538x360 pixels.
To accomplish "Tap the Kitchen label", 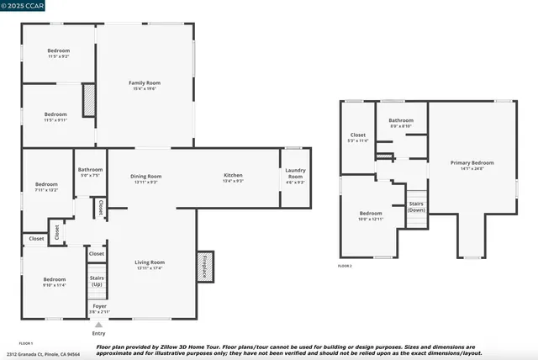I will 233,177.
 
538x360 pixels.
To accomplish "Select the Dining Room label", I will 146,177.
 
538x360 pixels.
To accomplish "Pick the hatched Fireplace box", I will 204,266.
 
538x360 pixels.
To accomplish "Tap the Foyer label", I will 99,307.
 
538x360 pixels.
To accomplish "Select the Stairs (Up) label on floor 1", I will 98,280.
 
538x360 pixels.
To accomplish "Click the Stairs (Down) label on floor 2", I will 416,207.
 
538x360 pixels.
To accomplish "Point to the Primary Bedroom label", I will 472,165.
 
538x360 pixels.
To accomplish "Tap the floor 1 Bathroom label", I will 91,172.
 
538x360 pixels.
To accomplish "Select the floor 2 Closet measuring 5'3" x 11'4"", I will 358,137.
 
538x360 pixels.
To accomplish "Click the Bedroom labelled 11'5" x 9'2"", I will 58,53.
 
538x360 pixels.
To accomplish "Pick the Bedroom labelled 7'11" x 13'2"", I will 46,187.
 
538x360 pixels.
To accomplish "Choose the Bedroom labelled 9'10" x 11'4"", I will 55,282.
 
